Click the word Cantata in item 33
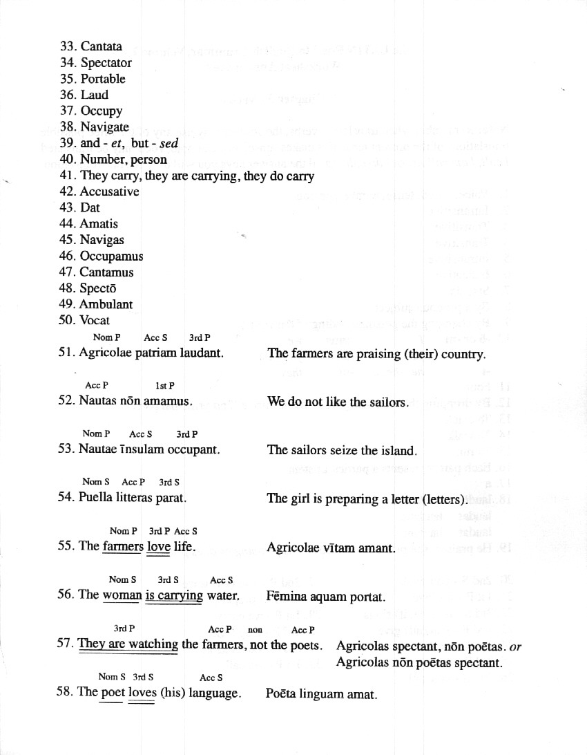(101, 46)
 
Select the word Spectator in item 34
(106, 63)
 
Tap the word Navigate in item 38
(104, 127)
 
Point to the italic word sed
(169, 143)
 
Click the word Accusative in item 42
(109, 192)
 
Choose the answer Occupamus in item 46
(111, 256)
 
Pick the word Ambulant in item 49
(106, 304)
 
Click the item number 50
(67, 320)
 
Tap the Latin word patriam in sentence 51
(157, 353)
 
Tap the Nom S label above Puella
(96, 482)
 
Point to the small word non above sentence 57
(255, 630)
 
